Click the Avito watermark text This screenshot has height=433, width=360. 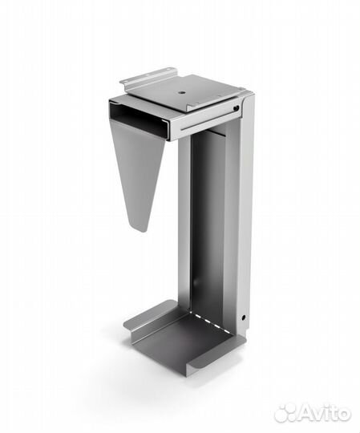coord(325,413)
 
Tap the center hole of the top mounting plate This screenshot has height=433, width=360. coord(181,93)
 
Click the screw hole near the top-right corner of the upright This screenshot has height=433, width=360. coord(236,108)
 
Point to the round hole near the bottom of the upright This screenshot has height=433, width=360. coord(243,318)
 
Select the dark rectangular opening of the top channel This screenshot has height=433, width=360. coord(138,119)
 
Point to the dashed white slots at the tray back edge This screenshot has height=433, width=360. coord(210,322)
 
